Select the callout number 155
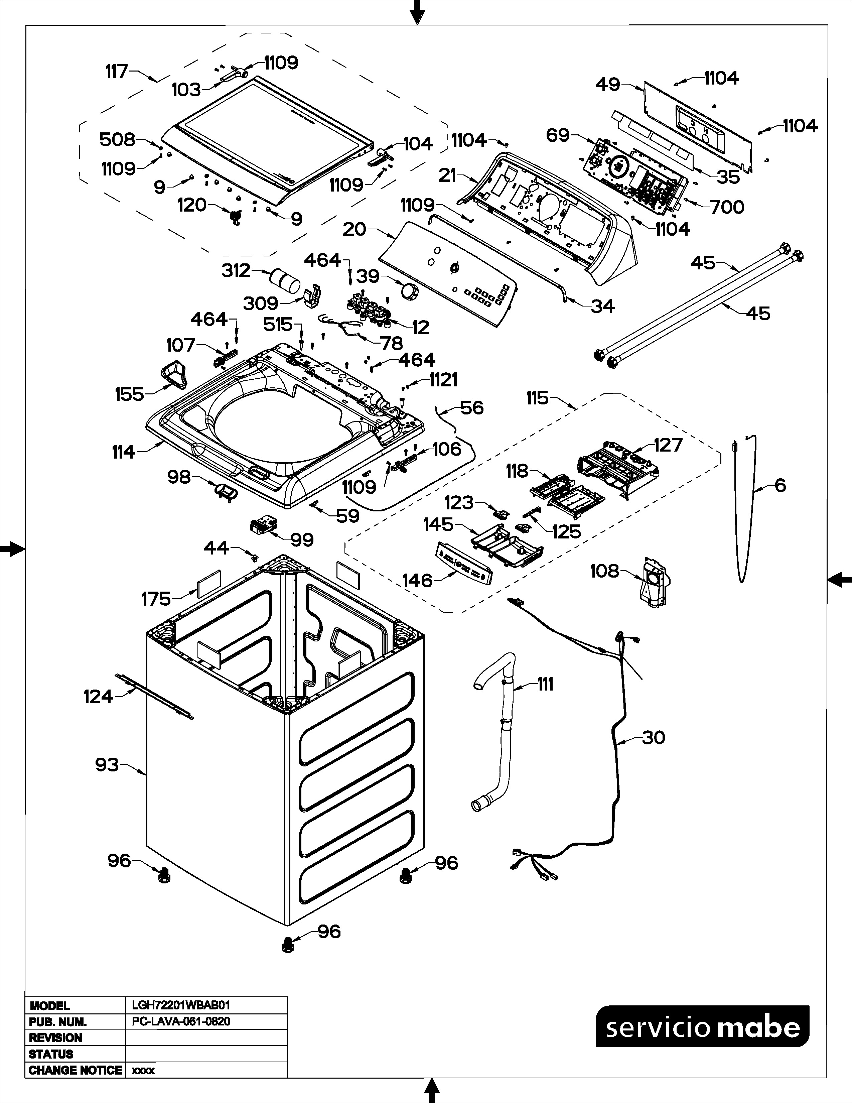(x=129, y=394)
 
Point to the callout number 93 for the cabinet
(x=107, y=765)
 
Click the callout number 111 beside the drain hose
(x=545, y=684)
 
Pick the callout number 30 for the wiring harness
(x=653, y=738)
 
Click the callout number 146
(x=417, y=581)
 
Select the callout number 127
(x=668, y=445)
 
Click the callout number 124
(x=98, y=697)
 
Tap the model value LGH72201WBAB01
(x=181, y=1005)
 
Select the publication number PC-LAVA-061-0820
(x=181, y=1022)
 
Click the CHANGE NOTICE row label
(x=75, y=1070)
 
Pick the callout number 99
(x=302, y=540)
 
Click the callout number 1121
(x=443, y=380)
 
